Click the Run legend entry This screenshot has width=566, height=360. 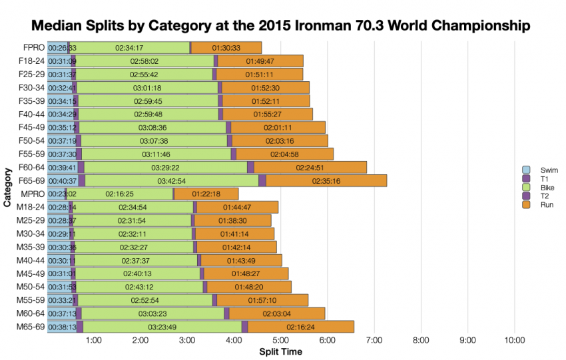coord(545,205)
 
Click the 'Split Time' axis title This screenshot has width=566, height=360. coord(280,352)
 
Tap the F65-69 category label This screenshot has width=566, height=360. coord(31,180)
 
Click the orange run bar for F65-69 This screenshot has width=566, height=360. coord(326,180)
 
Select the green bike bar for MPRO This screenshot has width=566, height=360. coord(120,194)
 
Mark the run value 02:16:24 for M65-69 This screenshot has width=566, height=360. coord(301,326)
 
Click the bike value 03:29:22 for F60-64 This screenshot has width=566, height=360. coord(165,167)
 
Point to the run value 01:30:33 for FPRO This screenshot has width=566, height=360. coord(226,48)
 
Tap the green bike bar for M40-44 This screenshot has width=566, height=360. coord(137,260)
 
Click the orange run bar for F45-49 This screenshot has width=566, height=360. coord(278,127)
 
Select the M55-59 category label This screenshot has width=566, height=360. coord(31,299)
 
